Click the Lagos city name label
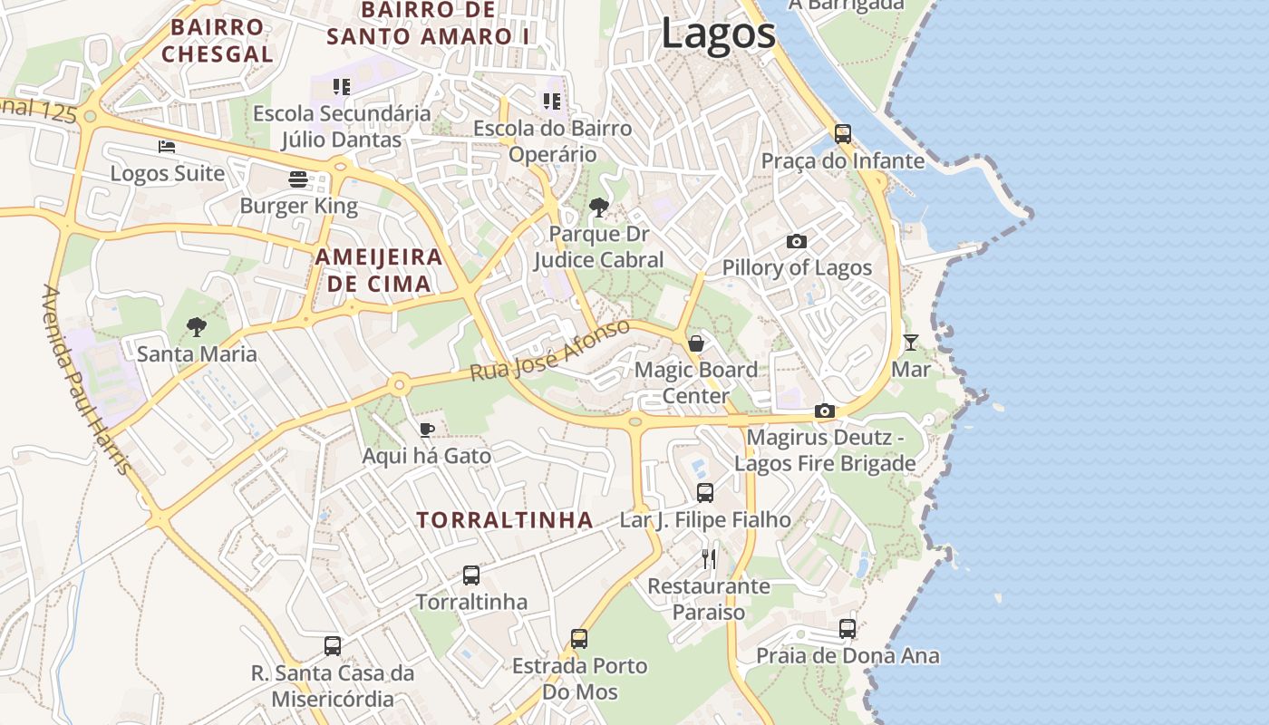point(718,34)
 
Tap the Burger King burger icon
point(298,179)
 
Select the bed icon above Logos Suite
point(167,146)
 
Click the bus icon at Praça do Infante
point(843,134)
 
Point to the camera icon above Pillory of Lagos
point(797,241)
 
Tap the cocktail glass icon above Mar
point(911,343)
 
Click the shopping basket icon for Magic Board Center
point(696,343)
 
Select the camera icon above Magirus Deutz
point(824,411)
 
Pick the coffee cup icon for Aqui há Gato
point(427,430)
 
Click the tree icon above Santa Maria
point(197,327)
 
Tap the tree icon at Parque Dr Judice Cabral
point(598,208)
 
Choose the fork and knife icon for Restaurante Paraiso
point(709,559)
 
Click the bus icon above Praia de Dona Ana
point(848,629)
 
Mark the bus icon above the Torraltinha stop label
point(471,575)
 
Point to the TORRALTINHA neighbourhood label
point(505,520)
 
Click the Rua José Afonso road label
point(550,351)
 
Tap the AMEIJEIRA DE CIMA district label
point(379,270)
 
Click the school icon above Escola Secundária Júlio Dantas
point(342,87)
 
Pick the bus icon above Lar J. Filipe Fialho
point(705,493)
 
